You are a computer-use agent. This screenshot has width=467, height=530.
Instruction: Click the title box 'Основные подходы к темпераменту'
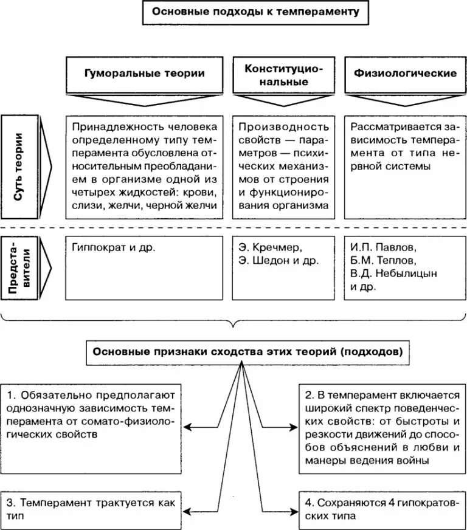click(x=255, y=12)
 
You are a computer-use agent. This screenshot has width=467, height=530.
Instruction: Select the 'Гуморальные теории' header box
click(x=144, y=74)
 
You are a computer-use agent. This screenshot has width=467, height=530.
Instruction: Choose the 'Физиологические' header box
click(x=405, y=74)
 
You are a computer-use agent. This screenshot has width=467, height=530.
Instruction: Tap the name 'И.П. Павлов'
click(x=383, y=248)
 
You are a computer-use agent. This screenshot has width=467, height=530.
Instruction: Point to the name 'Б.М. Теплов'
click(x=383, y=261)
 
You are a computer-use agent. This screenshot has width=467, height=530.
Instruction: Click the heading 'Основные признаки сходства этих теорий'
click(x=247, y=352)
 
